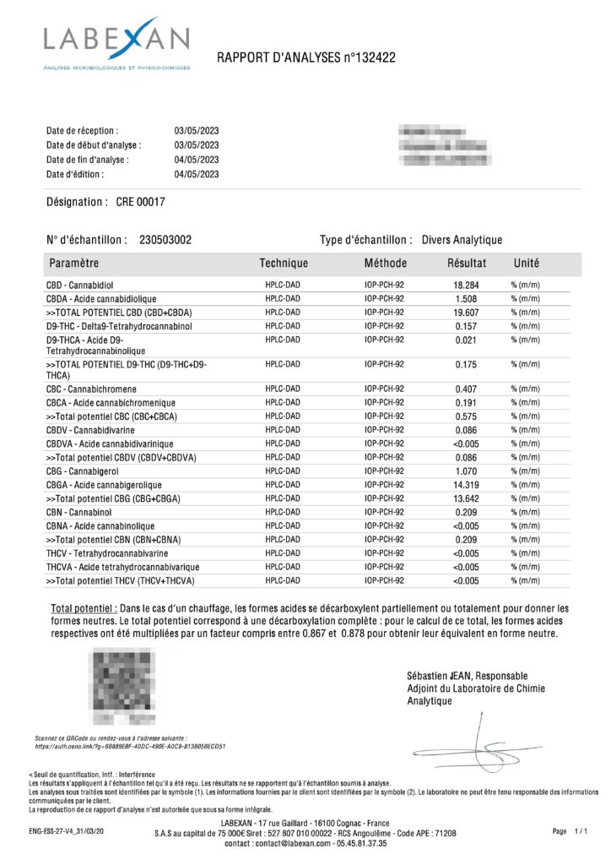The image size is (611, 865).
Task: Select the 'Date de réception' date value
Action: coord(197,132)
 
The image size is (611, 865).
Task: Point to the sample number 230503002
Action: coord(165,240)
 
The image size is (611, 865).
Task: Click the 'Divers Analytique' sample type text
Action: coord(462,240)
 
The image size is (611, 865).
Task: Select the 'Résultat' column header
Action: coord(467,264)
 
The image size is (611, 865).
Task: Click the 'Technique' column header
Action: coord(284,264)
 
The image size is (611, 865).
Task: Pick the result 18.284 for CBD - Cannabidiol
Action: coord(467,286)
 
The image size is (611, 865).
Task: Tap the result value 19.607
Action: coord(467,313)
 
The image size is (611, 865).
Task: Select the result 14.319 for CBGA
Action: coord(467,485)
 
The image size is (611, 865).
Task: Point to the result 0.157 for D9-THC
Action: coord(467,326)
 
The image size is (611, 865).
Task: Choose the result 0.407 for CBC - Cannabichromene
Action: coord(467,389)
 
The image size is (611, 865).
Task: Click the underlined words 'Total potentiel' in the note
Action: coord(83,608)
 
